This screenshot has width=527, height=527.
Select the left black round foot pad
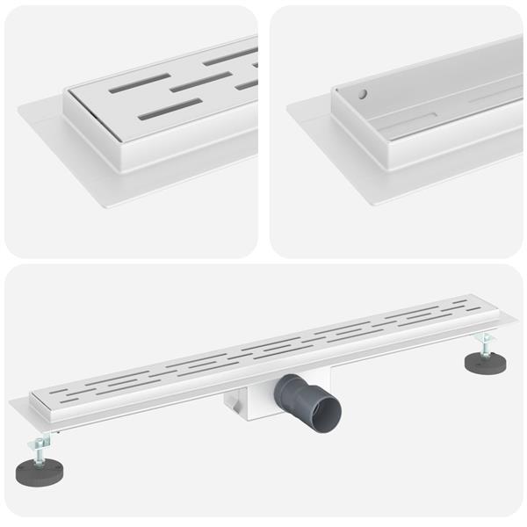(x=39, y=472)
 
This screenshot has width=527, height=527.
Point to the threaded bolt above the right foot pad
(x=483, y=344)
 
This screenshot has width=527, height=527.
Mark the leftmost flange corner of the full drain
(x=11, y=405)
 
